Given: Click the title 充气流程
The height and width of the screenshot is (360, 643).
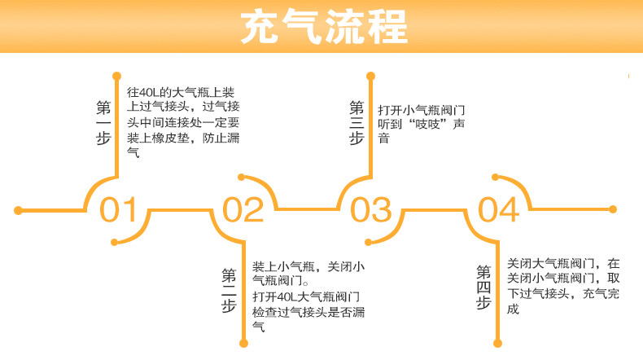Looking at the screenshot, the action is pos(323,27).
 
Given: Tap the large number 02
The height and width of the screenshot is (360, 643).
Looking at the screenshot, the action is pos(243,210).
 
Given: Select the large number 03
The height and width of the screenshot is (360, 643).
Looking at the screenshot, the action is pos(370,210).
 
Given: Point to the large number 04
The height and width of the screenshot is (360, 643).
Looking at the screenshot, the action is pos(497,210).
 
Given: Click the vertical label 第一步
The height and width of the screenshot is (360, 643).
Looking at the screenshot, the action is pos(103,122).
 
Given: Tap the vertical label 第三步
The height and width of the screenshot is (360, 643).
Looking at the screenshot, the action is pos(356,122).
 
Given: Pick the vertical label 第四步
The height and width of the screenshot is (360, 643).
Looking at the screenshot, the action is pos(483,288).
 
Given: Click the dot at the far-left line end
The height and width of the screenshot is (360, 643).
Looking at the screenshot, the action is pos(18,211).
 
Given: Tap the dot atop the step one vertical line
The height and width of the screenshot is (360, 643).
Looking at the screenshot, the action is pos(116,75).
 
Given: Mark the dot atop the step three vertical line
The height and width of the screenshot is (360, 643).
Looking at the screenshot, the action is pos(370,76).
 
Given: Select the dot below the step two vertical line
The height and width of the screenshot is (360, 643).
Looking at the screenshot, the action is pos(243,345).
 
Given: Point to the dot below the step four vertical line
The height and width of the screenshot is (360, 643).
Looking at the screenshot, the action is pos(496,345).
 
